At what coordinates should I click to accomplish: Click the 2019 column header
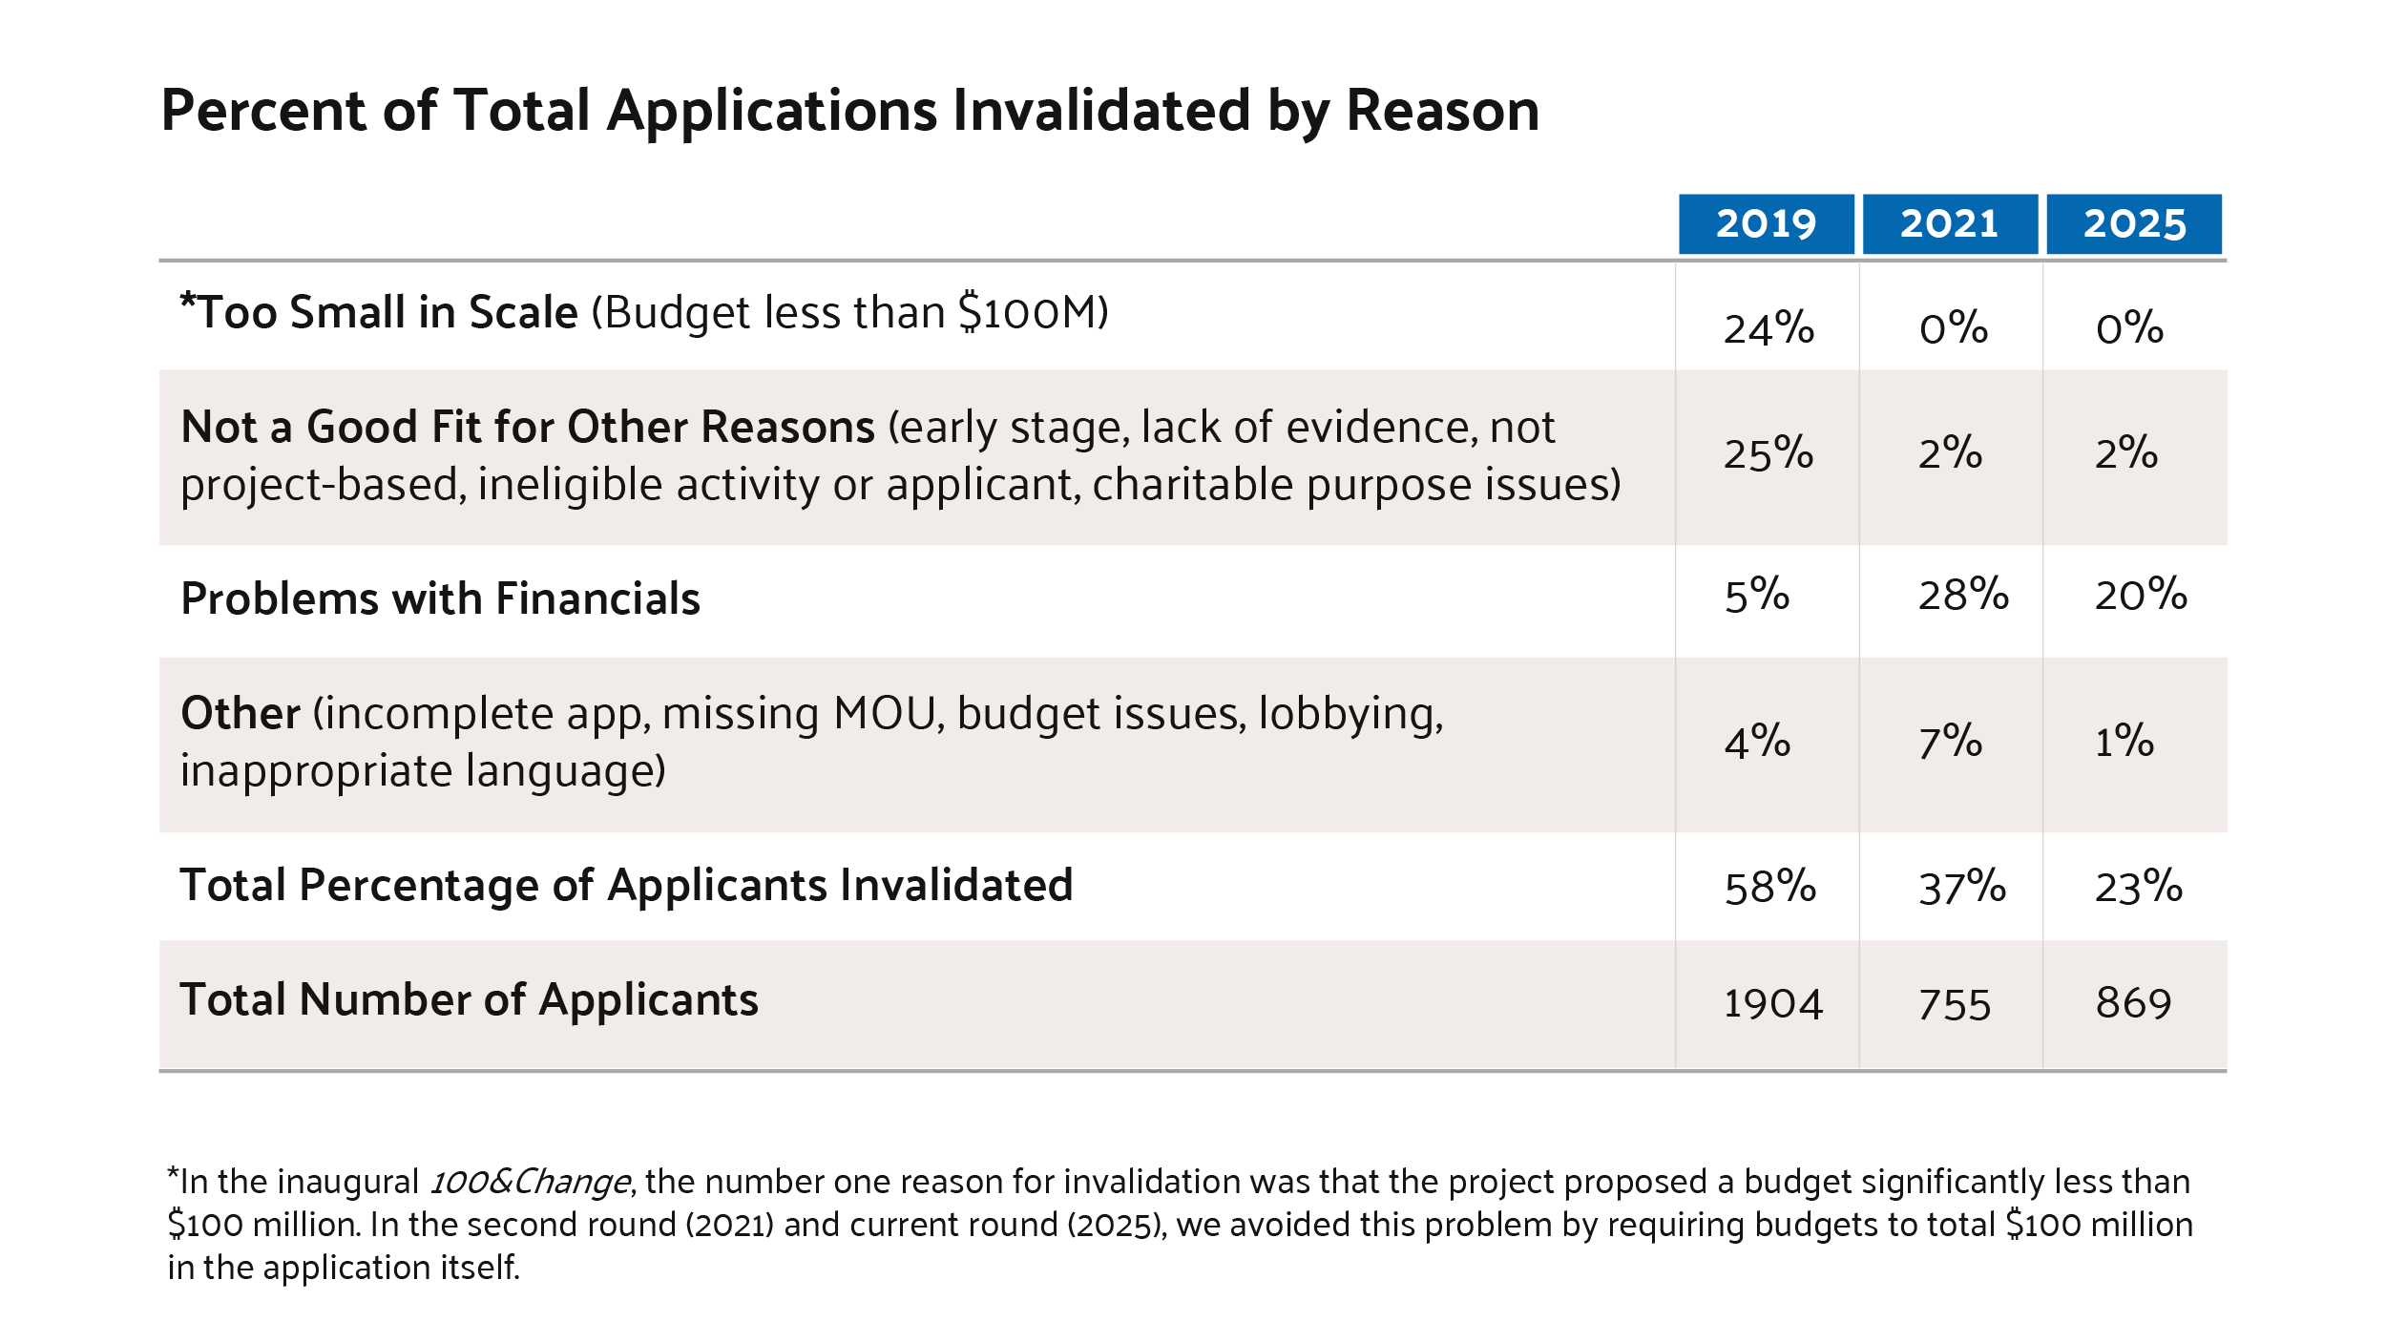(x=1766, y=224)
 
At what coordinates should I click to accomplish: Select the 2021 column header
(x=1949, y=224)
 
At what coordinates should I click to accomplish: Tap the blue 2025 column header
(x=2134, y=224)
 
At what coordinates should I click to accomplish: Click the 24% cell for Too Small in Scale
(x=1769, y=328)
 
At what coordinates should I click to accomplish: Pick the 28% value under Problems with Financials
(x=1963, y=595)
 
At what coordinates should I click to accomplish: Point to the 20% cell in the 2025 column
(x=2141, y=595)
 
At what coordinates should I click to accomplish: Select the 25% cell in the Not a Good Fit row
(x=1769, y=453)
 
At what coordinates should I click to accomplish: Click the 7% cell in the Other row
(x=1950, y=742)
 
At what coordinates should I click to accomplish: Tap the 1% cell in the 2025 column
(x=2124, y=742)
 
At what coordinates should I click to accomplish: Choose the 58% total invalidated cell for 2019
(x=1770, y=887)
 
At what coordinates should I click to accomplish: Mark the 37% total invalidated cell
(x=1962, y=887)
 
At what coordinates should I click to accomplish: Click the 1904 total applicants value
(x=1773, y=1004)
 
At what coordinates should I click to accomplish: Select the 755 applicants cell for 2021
(x=1955, y=1004)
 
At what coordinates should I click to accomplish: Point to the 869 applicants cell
(x=2134, y=1004)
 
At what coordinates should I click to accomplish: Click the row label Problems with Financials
(x=440, y=598)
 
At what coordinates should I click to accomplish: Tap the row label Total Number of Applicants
(x=469, y=1000)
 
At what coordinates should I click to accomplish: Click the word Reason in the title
(x=1442, y=111)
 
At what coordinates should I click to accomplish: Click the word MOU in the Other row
(x=885, y=714)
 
